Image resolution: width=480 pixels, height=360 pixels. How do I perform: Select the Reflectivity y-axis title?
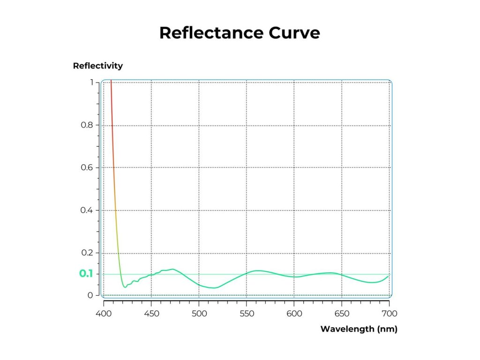tap(98, 66)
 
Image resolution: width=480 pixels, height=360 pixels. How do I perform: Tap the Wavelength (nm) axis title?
tap(359, 329)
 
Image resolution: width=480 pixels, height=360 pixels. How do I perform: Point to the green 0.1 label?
tap(86, 274)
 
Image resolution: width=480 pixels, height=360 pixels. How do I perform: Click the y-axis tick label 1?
tap(91, 82)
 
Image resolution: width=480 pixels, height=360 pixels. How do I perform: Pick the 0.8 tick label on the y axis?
tap(87, 125)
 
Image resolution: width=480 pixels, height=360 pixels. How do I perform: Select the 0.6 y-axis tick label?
tap(87, 168)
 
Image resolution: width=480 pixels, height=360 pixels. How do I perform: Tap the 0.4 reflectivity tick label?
tap(87, 210)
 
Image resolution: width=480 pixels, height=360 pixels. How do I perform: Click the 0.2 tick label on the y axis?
tap(87, 253)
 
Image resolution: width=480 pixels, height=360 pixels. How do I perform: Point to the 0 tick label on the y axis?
tap(90, 295)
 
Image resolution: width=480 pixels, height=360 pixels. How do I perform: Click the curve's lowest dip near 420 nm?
tap(124, 287)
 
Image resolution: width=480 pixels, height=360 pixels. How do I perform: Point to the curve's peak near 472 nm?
tap(173, 269)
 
